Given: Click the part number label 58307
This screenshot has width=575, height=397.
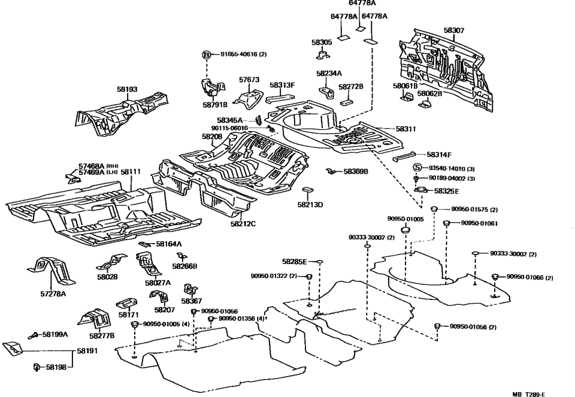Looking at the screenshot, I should pyautogui.click(x=453, y=30).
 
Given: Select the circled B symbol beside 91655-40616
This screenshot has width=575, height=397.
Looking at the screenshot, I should pyautogui.click(x=207, y=54).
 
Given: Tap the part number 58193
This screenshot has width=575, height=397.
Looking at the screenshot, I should pyautogui.click(x=127, y=89).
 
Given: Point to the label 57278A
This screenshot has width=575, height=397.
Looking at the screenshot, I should pyautogui.click(x=53, y=294).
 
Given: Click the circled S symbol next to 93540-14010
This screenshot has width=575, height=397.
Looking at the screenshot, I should pyautogui.click(x=418, y=168).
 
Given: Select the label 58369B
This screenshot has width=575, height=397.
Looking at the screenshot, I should pyautogui.click(x=355, y=171).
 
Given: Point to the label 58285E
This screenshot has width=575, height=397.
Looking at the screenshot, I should pyautogui.click(x=294, y=262).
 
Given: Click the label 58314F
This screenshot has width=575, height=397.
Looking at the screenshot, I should pyautogui.click(x=422, y=154).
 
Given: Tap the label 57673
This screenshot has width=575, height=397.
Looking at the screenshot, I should pyautogui.click(x=249, y=79).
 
